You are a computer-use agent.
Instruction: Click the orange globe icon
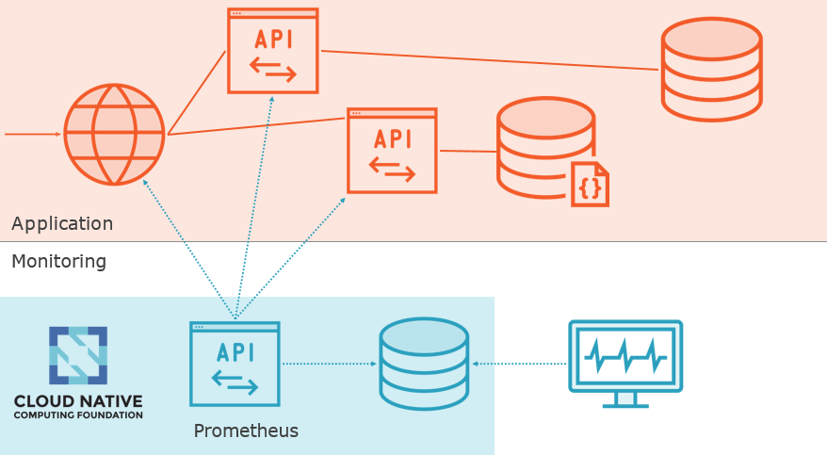[x=114, y=135]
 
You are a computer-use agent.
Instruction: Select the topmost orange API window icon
[x=273, y=51]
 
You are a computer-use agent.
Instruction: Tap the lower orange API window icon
[x=392, y=151]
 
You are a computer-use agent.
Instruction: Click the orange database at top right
[x=711, y=69]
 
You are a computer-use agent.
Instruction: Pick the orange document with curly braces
[x=590, y=184]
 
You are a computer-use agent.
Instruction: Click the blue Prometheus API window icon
[x=235, y=364]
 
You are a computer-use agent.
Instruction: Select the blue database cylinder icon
[x=424, y=363]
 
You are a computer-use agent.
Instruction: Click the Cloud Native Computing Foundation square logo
[x=78, y=355]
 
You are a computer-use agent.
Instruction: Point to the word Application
[x=62, y=224]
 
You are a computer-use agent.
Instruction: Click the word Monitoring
[x=58, y=261]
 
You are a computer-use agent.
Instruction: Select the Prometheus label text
[x=246, y=431]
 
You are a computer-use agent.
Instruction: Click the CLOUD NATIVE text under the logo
[x=78, y=401]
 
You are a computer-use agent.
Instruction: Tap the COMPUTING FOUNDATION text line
[x=78, y=414]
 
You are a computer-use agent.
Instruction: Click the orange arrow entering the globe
[x=33, y=134]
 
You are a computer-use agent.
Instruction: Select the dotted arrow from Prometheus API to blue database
[x=330, y=363]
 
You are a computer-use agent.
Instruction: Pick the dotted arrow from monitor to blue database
[x=520, y=363]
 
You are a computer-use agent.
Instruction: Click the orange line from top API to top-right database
[x=490, y=60]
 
